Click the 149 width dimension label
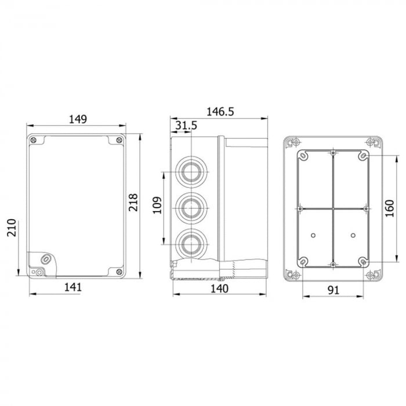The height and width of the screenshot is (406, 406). pyautogui.click(x=78, y=119)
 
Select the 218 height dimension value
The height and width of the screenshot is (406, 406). pyautogui.click(x=133, y=202)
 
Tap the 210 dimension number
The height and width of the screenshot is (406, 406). pyautogui.click(x=12, y=227)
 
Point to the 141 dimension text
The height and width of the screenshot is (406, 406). pyautogui.click(x=72, y=287)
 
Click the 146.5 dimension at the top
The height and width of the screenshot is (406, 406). pyautogui.click(x=220, y=112)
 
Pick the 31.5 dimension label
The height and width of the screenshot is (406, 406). pyautogui.click(x=186, y=125)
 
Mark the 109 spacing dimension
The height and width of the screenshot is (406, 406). pyautogui.click(x=157, y=205)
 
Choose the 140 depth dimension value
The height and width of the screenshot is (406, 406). pyautogui.click(x=219, y=288)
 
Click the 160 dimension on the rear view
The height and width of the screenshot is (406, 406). pyautogui.click(x=389, y=208)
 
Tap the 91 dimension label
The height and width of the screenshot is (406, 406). pyautogui.click(x=333, y=290)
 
